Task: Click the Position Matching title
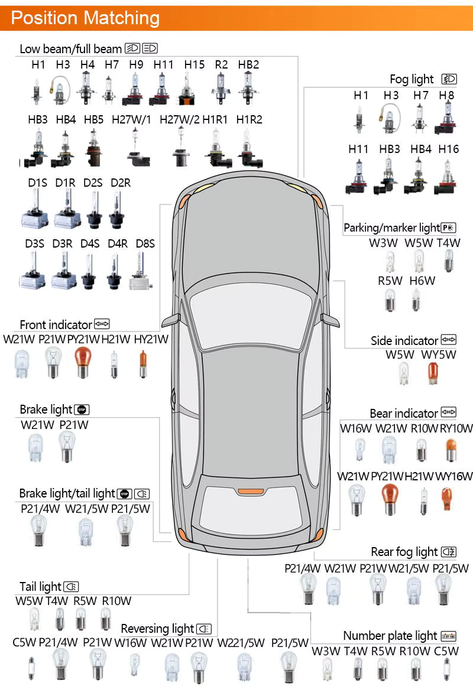(x=85, y=18)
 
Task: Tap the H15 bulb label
(x=194, y=64)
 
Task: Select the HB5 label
(x=93, y=119)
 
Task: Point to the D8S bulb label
(x=145, y=243)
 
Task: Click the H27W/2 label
(x=179, y=119)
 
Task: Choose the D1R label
(x=65, y=183)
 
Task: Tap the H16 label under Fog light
(x=448, y=149)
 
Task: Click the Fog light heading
(x=412, y=79)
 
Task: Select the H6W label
(x=422, y=281)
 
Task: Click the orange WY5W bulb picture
(x=433, y=373)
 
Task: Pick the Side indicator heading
(x=404, y=341)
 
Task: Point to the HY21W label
(x=151, y=339)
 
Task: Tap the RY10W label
(x=456, y=428)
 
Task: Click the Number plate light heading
(x=390, y=636)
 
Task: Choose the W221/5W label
(x=241, y=643)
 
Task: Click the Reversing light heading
(x=157, y=629)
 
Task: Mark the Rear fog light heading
(x=404, y=552)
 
